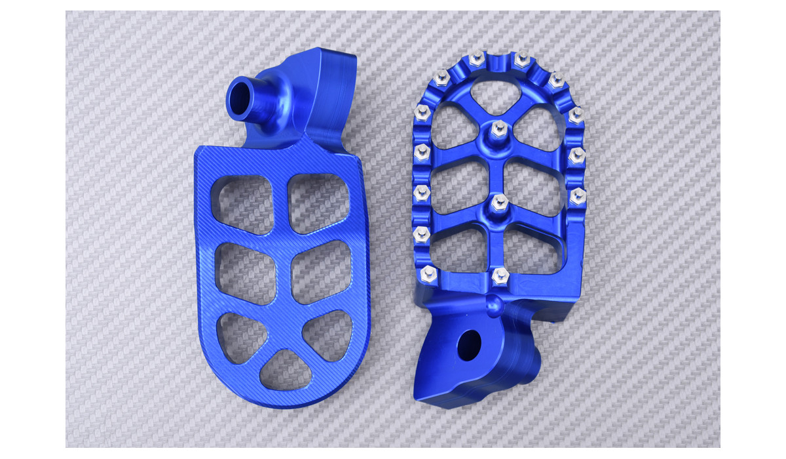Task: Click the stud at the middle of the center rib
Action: tap(499, 201)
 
